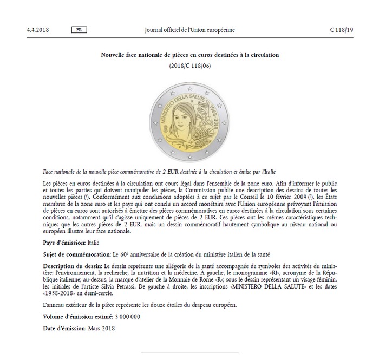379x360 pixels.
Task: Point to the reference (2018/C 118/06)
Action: click(189, 66)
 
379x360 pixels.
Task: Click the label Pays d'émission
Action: click(62, 243)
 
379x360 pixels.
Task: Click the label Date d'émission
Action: click(63, 328)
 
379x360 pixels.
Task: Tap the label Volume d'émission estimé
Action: click(77, 316)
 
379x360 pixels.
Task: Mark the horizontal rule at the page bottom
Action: click(189, 352)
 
